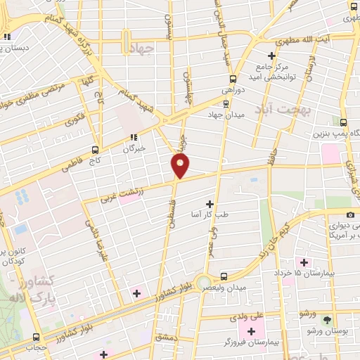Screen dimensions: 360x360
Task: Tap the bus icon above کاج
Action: point(96,150)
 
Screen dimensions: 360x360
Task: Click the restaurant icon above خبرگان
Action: point(133,137)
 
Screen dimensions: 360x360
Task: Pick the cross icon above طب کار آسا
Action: point(209,203)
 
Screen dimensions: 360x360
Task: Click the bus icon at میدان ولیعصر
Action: point(223,276)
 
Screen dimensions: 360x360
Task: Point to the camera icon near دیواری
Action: point(350,214)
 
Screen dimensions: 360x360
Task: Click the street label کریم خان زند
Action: point(275,236)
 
